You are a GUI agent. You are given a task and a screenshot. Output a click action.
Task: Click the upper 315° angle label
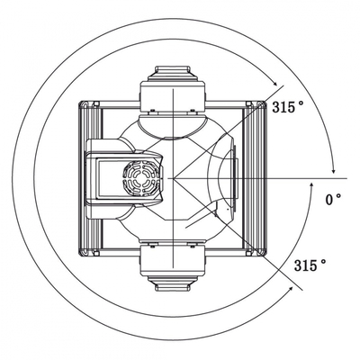point(287,107)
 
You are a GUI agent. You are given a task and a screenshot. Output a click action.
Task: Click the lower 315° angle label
point(310,265)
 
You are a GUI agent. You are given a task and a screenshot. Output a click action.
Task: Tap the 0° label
point(333,200)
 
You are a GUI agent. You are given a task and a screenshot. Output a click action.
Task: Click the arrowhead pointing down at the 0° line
point(333,170)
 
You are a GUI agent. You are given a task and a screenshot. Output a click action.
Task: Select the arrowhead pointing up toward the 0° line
point(311,186)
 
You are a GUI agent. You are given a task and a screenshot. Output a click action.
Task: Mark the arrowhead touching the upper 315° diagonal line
point(274,84)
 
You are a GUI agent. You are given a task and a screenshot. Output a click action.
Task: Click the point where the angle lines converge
point(173,179)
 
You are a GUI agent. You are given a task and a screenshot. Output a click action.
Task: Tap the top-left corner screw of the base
point(96,103)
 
